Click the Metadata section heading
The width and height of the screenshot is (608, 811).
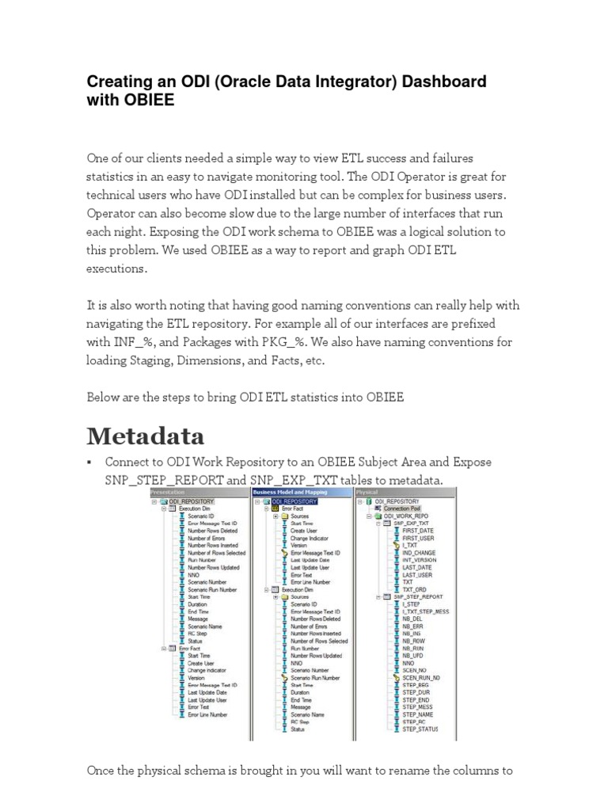coord(145,436)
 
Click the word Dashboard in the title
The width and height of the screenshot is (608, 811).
coord(440,82)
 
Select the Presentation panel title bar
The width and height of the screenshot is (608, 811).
coord(199,493)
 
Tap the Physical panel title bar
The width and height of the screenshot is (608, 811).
coord(405,493)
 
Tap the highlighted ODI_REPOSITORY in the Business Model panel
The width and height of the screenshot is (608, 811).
coord(294,501)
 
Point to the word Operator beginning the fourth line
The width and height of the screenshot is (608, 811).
coord(112,213)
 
